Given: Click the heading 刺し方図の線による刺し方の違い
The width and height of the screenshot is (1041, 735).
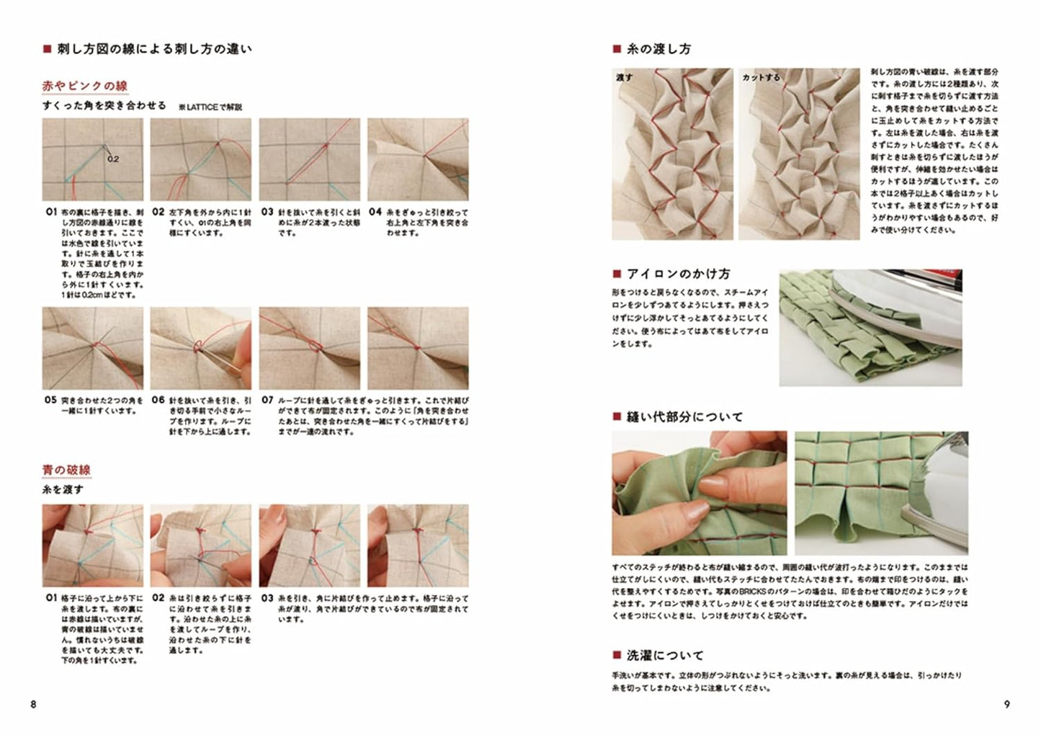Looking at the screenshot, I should coord(154,50).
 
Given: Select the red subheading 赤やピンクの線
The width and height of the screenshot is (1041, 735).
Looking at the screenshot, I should coord(85,86).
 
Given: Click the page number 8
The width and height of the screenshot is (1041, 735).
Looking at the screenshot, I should coord(33,704).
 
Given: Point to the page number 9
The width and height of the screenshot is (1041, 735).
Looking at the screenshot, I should coord(1007,704).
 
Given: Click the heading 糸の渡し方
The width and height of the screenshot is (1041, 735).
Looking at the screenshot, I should coord(658,49).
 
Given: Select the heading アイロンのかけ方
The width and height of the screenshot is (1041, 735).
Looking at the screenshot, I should coord(678,274).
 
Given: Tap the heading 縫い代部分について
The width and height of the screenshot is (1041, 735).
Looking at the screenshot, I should coord(684,416).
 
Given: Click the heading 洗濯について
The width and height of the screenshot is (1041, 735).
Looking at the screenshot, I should coord(664,656).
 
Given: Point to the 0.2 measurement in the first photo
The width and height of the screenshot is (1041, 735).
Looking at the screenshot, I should coord(113,159).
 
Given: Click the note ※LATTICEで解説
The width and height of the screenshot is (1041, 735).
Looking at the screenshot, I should coord(210,107).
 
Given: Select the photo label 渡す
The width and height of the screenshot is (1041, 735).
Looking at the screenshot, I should coord(625,77).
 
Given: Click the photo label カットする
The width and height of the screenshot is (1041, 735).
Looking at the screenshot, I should coord(761,77).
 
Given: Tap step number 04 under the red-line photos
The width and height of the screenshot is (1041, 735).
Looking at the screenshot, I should coord(375,213).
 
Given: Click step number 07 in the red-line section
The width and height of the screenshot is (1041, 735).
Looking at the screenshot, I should coord(267,400).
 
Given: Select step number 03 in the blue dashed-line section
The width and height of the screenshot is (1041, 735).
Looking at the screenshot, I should coord(267,598).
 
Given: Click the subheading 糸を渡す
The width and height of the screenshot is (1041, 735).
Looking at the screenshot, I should coord(63,489).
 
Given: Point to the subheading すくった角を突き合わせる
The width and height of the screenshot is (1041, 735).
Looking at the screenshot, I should coord(104,105).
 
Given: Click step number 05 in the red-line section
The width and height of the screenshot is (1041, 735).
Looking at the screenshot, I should coord(50,400).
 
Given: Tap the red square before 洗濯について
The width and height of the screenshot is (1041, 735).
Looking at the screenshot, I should coord(617,656).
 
